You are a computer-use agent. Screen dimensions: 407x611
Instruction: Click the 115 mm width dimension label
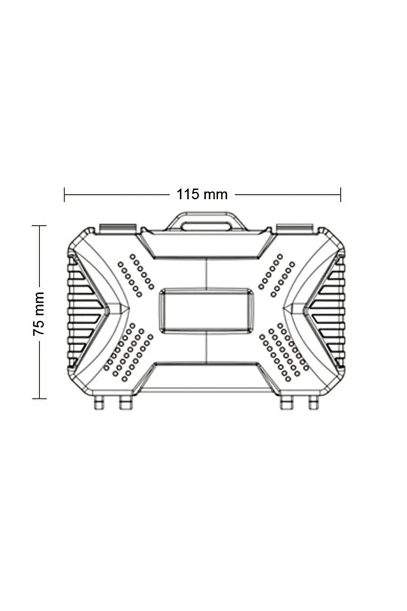[x=202, y=194]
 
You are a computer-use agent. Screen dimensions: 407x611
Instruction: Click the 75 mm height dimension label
[x=39, y=314]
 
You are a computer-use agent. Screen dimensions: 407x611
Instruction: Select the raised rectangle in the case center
[x=206, y=311]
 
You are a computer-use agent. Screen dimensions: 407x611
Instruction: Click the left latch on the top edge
[x=118, y=228]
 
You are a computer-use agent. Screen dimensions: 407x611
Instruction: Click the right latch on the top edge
[x=294, y=228]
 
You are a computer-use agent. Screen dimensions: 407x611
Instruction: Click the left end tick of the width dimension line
[x=64, y=194]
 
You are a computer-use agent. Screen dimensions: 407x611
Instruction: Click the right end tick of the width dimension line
[x=340, y=194]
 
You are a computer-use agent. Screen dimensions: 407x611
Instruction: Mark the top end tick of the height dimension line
[x=39, y=226]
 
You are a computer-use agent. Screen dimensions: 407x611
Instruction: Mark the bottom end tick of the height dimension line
[x=39, y=398]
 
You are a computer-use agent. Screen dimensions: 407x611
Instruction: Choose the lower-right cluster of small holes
[x=284, y=352]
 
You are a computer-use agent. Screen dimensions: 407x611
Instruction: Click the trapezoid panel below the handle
[x=206, y=245]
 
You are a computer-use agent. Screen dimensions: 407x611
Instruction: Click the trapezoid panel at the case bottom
[x=206, y=377]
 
